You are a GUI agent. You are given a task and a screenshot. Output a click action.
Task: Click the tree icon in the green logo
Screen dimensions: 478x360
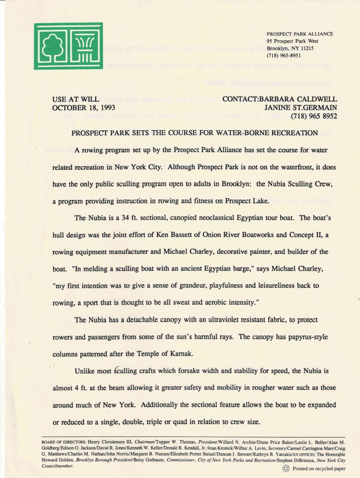point(52,46)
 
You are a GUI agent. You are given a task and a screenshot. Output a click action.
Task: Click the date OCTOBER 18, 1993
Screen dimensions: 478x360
point(84,107)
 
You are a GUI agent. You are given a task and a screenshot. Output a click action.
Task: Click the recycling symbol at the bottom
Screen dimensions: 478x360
point(286,468)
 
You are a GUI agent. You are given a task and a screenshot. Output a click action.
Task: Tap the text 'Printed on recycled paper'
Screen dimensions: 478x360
point(319,468)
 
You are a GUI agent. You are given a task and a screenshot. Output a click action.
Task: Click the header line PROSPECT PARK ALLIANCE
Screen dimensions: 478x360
point(300,34)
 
